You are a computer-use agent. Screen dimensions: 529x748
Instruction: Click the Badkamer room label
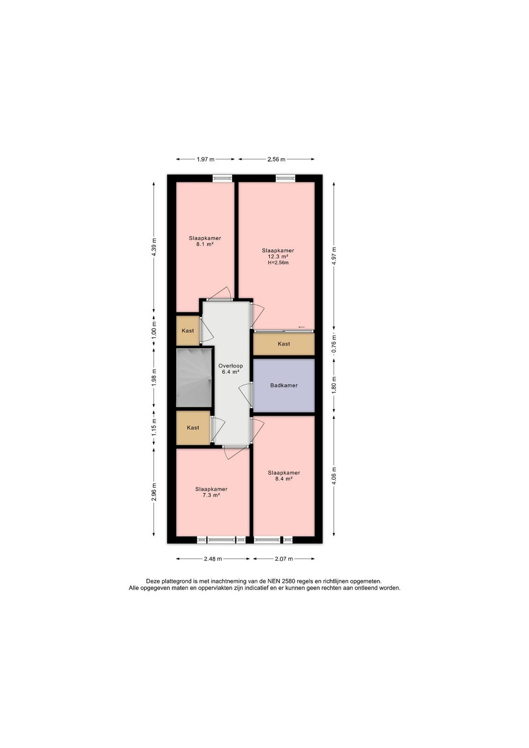click(284, 385)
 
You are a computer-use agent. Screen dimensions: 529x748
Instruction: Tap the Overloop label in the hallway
click(231, 366)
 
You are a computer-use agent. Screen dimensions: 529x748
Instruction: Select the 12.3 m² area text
click(278, 257)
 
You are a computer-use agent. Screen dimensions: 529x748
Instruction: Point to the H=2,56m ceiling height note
click(278, 263)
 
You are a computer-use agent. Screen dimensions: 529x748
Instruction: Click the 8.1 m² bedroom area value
click(205, 244)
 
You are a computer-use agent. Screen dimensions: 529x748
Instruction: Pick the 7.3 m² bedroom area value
click(211, 495)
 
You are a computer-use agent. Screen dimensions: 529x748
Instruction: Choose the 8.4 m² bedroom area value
click(284, 479)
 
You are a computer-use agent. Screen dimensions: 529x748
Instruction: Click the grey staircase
click(194, 378)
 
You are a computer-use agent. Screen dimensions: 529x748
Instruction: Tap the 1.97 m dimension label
click(205, 159)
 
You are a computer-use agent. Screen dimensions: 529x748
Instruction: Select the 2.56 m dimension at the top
click(276, 159)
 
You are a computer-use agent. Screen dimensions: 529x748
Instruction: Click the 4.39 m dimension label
click(154, 247)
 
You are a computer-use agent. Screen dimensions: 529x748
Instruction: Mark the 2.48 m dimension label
click(213, 559)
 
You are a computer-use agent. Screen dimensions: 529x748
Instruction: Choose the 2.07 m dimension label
click(284, 559)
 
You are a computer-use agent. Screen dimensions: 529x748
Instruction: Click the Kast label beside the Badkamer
click(284, 344)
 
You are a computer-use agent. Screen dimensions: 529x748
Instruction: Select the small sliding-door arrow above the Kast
click(301, 327)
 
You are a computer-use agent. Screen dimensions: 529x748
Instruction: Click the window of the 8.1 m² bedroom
click(222, 178)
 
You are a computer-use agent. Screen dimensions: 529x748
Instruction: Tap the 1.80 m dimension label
click(334, 385)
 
